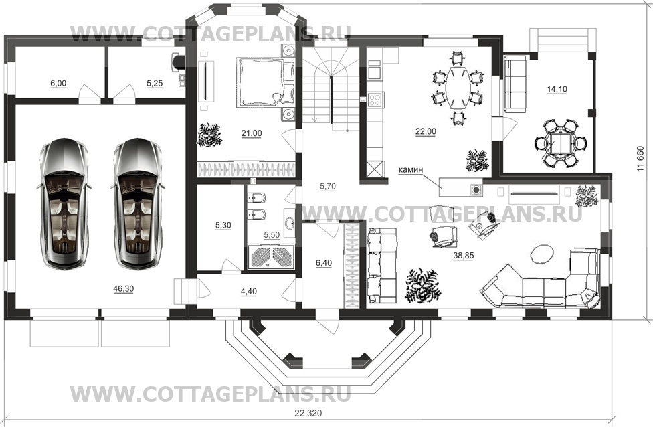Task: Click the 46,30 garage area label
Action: pos(123,288)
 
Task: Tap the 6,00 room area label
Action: pos(58,83)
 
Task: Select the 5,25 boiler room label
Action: pos(155,83)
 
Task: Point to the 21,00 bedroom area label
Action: pos(252,133)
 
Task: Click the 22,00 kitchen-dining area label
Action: pos(426,132)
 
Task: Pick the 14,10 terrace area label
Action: pos(557,89)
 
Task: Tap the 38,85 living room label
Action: pos(464,256)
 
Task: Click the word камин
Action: pos(411,169)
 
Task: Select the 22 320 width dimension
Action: pos(308,413)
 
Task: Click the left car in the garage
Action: pos(64,203)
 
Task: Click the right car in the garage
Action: pos(137,203)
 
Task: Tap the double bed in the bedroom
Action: pos(265,82)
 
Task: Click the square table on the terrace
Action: pos(560,143)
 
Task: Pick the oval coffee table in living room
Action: pos(542,254)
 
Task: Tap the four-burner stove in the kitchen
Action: pos(375,100)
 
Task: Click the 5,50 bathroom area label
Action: pos(272,235)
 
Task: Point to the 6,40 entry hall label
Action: pos(324,263)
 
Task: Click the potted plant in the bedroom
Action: pos(209,135)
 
